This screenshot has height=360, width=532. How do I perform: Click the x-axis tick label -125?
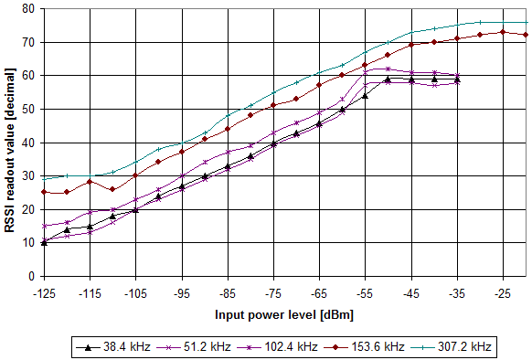[x=44, y=295]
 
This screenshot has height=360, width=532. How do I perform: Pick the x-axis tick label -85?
[x=228, y=295]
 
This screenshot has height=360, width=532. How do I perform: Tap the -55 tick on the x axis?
[x=365, y=295]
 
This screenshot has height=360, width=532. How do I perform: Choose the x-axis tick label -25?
[x=503, y=295]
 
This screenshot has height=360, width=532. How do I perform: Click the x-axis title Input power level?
[x=283, y=314]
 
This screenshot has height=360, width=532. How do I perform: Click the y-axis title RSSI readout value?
[x=11, y=142]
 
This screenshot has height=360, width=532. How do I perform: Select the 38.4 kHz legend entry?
[x=108, y=347]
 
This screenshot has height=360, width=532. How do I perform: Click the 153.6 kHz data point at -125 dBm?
[x=44, y=192]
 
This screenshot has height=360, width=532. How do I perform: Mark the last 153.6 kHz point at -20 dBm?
[x=526, y=35]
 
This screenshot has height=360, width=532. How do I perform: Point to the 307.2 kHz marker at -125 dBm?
[x=44, y=178]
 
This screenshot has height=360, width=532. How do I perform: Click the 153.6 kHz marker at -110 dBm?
[x=112, y=189]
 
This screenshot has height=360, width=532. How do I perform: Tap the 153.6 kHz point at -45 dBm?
[x=411, y=45]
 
